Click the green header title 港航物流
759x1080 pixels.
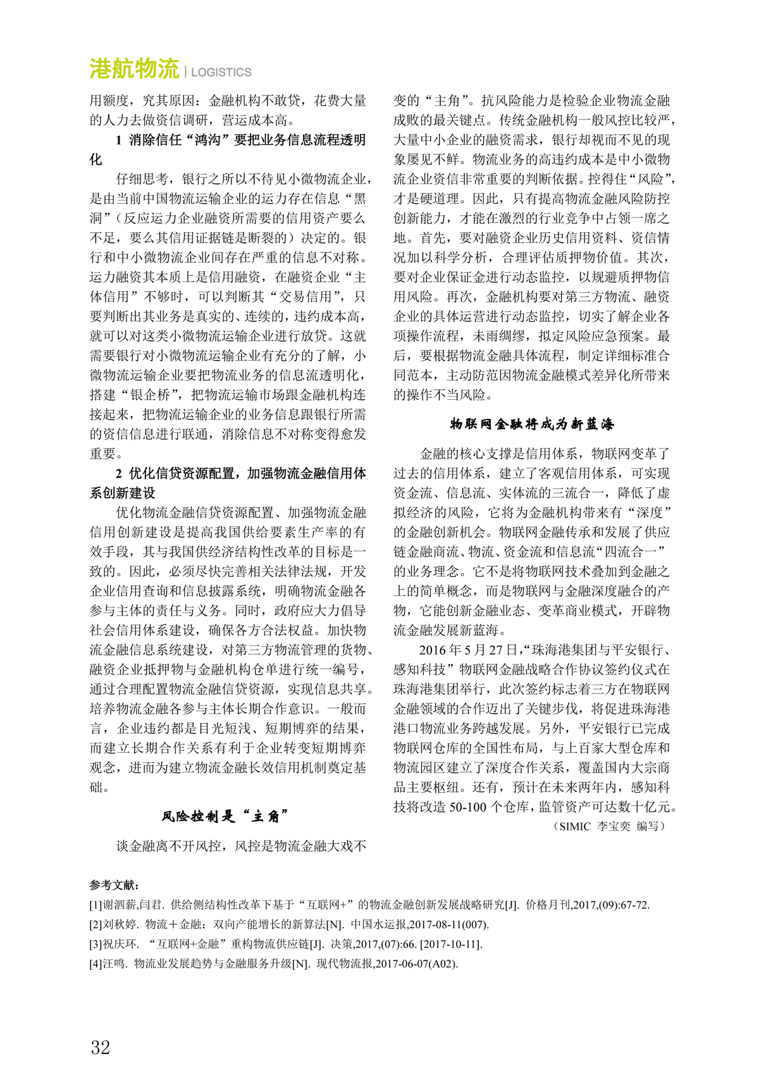tap(134, 69)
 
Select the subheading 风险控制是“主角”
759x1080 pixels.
tap(225, 816)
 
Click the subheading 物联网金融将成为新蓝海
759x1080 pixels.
tap(531, 424)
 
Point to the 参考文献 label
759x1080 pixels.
tap(114, 884)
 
